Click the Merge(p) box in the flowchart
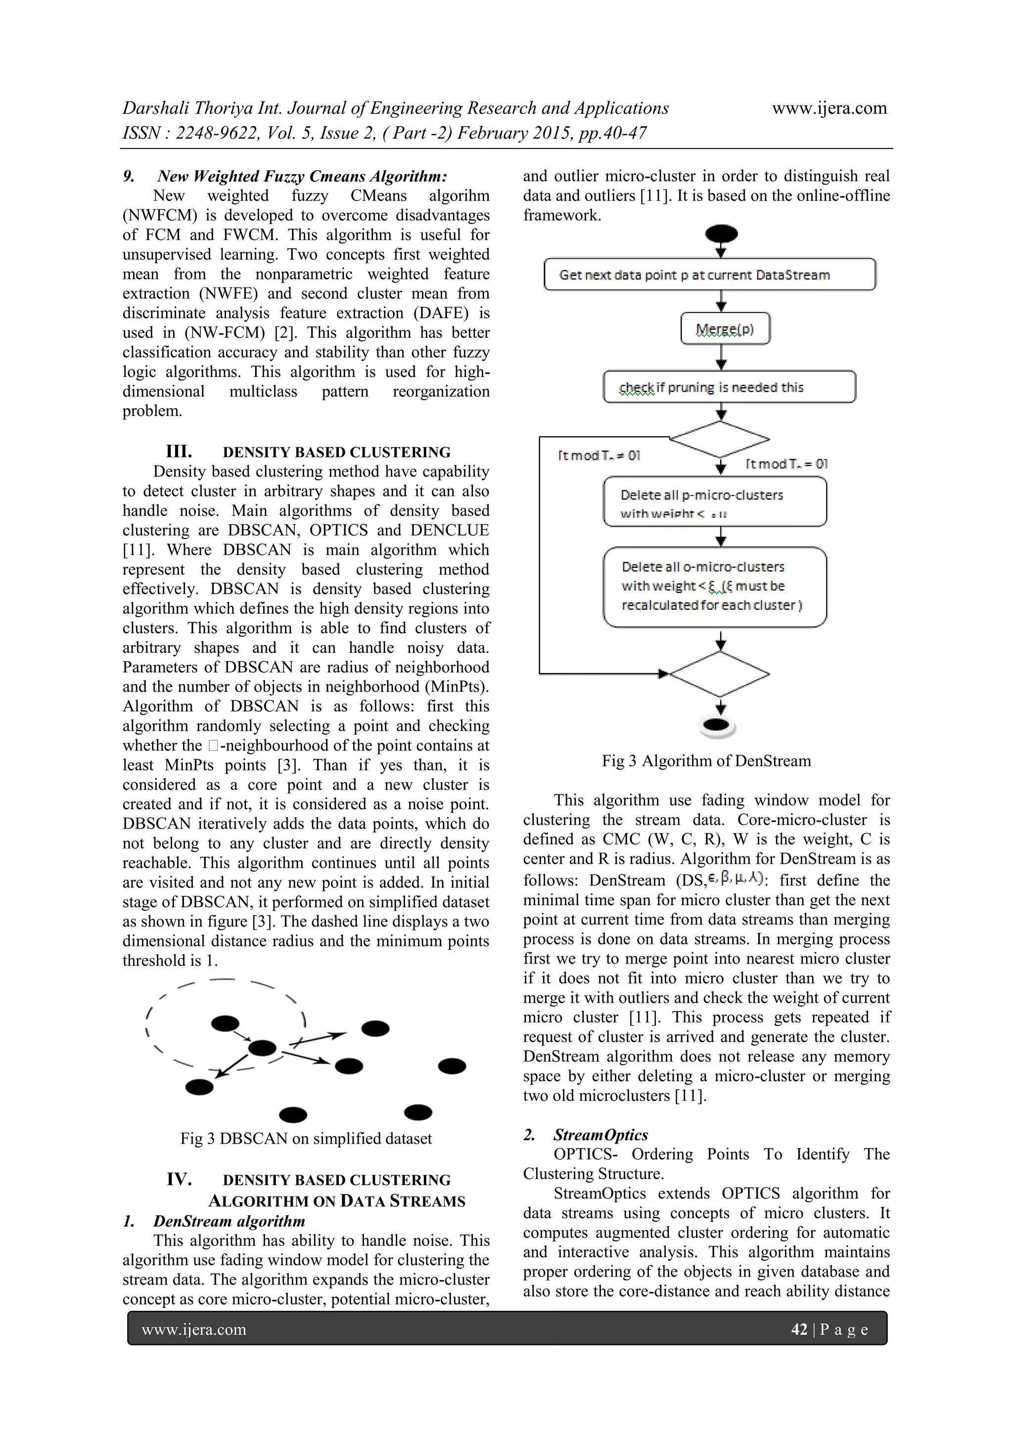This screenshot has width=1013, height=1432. click(x=725, y=328)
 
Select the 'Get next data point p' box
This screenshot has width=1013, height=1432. click(x=709, y=275)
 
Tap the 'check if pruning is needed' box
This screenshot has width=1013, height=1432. click(x=729, y=387)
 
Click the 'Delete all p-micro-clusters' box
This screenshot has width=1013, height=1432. click(x=714, y=502)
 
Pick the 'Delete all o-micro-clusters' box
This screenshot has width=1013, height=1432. click(x=714, y=586)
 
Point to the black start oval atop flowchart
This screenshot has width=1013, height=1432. click(x=721, y=234)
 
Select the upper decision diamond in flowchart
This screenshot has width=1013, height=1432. click(x=720, y=439)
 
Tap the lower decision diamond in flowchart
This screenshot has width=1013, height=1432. click(x=719, y=674)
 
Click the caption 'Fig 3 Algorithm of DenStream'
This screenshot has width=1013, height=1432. click(x=706, y=761)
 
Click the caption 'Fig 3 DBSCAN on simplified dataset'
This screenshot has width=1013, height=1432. click(x=306, y=1138)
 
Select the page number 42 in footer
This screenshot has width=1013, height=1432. click(x=798, y=1329)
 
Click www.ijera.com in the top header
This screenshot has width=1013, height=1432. click(x=829, y=108)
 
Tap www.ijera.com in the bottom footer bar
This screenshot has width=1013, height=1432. click(x=194, y=1329)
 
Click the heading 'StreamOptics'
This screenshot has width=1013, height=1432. click(x=600, y=1135)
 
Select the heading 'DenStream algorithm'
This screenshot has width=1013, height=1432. click(x=229, y=1221)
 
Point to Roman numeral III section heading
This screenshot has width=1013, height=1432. click(x=179, y=451)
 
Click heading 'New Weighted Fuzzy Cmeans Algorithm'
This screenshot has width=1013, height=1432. click(x=302, y=177)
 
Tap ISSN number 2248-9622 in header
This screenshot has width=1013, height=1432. click(x=217, y=133)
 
